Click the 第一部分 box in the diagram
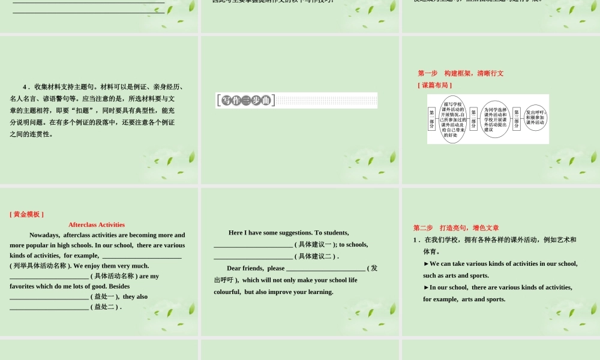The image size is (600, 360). pos(431,119)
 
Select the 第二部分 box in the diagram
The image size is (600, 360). pos(474,119)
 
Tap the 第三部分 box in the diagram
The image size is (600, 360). pos(517,118)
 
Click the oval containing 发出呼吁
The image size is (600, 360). pos(535,118)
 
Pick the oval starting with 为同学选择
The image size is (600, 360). pos(495,119)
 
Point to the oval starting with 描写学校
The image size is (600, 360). pos(453,119)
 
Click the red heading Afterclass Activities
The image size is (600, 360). pos(97,224)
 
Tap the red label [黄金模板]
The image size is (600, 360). pos(26,214)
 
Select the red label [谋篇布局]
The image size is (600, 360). pos(434,85)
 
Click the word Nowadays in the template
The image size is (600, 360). pos(44,235)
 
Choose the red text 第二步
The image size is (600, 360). pos(423,228)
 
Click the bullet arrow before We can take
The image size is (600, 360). pos(426,264)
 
